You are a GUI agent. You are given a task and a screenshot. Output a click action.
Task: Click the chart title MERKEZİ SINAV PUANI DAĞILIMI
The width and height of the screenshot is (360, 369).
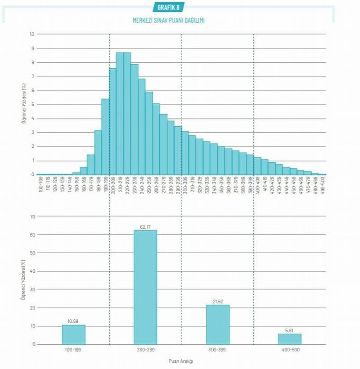[169, 21]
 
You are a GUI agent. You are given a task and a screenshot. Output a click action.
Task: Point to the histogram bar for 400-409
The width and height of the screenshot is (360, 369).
[257, 166]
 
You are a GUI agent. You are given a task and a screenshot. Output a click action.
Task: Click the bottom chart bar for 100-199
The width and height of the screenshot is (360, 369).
[73, 334]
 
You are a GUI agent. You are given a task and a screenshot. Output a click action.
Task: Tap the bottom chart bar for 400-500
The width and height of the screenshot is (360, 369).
[289, 339]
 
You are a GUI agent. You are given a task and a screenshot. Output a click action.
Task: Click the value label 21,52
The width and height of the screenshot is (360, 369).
[217, 302]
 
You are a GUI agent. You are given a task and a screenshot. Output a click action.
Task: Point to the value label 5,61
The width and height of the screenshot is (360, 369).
[289, 330]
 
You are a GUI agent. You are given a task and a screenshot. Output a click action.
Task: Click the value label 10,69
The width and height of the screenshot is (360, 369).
[73, 321]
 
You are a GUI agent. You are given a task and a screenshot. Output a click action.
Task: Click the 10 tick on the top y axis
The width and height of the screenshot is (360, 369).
[32, 34]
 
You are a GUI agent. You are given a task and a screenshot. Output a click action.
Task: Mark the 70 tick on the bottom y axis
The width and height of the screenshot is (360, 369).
[32, 217]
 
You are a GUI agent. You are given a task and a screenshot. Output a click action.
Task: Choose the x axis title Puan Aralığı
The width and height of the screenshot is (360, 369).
[180, 362]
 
